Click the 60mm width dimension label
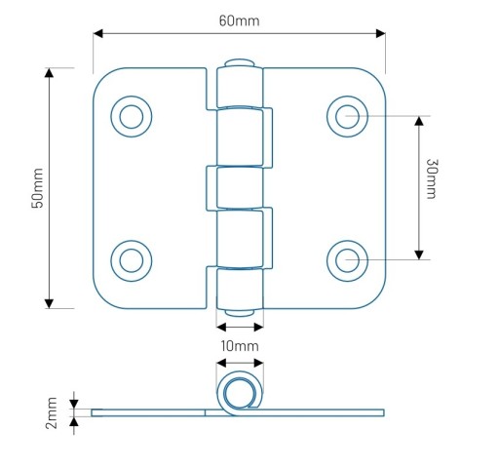tap(240, 21)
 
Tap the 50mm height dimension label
tap(37, 188)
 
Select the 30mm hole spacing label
tap(432, 178)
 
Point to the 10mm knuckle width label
tap(240, 346)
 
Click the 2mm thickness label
tap(52, 412)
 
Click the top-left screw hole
tap(132, 116)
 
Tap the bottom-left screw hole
tap(132, 260)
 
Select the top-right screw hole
tap(347, 116)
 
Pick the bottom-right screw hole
tap(347, 260)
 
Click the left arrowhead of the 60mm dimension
tap(97, 33)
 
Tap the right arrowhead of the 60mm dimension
tap(381, 33)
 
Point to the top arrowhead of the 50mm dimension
tap(49, 72)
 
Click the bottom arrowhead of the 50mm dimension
tap(49, 303)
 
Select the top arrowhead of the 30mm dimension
tap(419, 121)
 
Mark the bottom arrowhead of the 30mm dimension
tap(419, 254)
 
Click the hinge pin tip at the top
tap(240, 62)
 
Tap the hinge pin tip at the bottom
tap(240, 313)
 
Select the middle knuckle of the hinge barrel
tap(240, 187)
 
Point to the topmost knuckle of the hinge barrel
tap(240, 87)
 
